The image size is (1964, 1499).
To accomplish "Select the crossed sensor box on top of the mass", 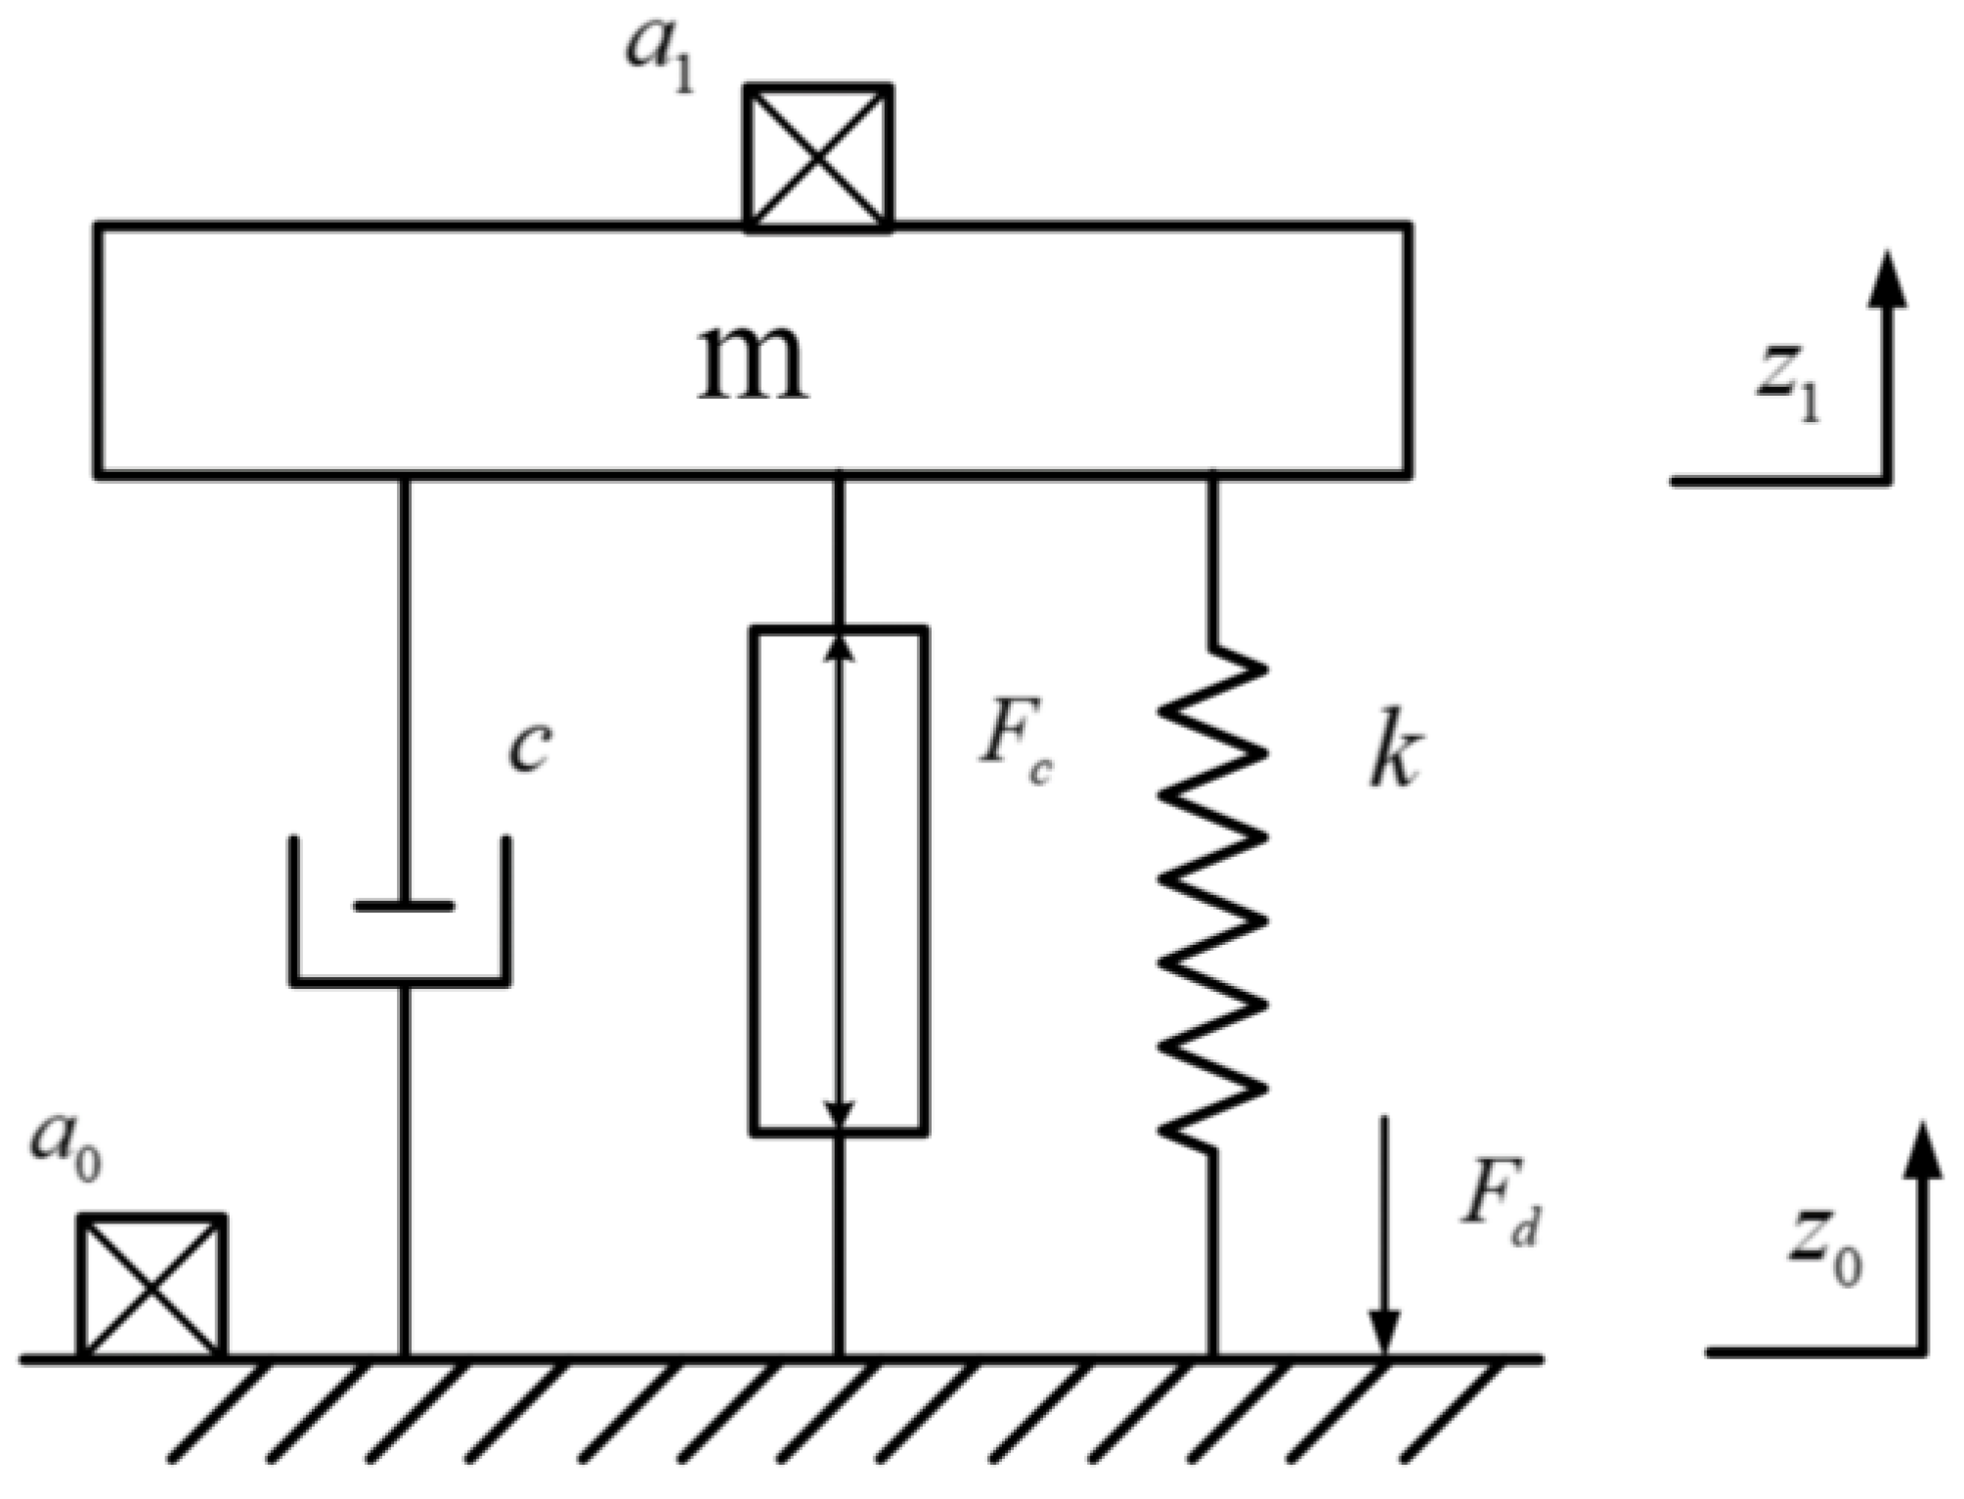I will [x=818, y=157].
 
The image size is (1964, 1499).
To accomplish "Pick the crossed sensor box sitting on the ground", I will [x=152, y=1286].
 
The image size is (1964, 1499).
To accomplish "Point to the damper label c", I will [x=530, y=747].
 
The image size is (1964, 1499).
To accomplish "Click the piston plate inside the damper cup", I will [x=404, y=906].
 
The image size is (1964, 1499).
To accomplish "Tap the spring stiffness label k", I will [x=1392, y=756].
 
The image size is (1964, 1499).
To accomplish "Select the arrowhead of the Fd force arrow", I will [x=1383, y=1334].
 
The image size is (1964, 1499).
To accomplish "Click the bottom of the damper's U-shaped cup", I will [x=400, y=979].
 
